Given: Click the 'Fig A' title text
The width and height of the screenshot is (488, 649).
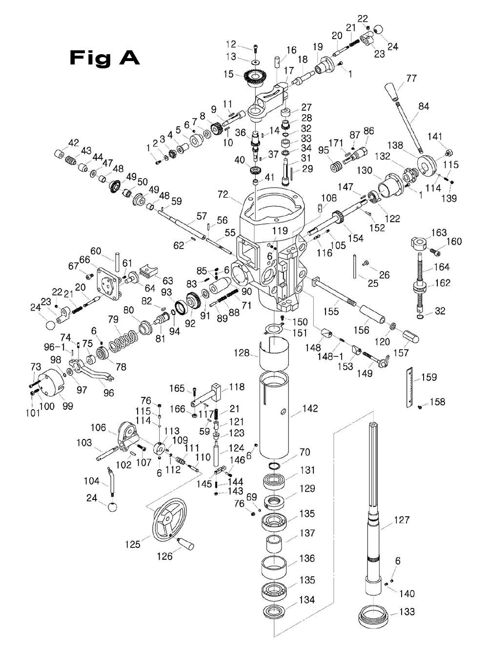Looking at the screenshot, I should pyautogui.click(x=104, y=58).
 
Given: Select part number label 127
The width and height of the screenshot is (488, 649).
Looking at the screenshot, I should pyautogui.click(x=402, y=520).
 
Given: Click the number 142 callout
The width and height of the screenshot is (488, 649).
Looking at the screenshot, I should pyautogui.click(x=310, y=408).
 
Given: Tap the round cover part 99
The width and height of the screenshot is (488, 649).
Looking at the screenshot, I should pyautogui.click(x=49, y=383).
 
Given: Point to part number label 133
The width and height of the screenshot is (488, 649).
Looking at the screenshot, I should pyautogui.click(x=407, y=611).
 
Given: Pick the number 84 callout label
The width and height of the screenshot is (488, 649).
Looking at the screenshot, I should pyautogui.click(x=423, y=106).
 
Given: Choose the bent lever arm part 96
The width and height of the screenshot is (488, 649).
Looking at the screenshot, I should pyautogui.click(x=98, y=372).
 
